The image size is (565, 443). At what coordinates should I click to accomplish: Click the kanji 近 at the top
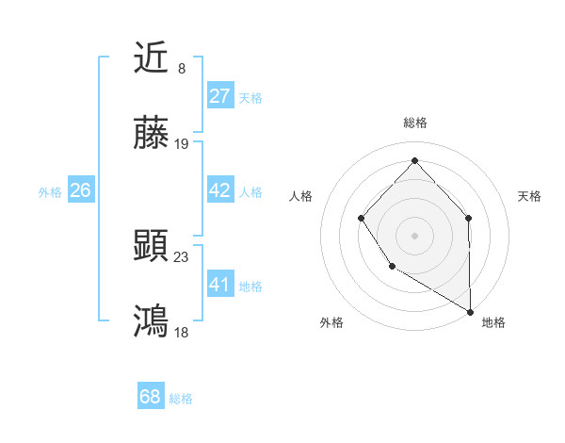point(152,58)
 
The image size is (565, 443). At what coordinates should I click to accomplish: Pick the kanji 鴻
point(152,321)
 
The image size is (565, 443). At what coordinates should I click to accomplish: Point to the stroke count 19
point(182,144)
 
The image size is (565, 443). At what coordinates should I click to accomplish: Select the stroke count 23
point(182,255)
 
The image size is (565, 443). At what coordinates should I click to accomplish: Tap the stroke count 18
point(182,332)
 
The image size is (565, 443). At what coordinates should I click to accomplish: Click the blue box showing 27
point(220,96)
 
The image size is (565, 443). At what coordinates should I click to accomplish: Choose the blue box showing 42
point(220,190)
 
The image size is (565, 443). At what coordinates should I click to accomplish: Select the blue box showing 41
point(220,285)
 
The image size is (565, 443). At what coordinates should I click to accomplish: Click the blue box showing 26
point(80,190)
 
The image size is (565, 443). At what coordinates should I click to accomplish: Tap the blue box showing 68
point(151,397)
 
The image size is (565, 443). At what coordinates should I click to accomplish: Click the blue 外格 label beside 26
point(50,191)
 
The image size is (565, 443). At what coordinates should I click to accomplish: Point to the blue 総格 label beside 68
point(181,399)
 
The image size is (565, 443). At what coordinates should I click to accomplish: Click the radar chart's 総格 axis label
point(414,123)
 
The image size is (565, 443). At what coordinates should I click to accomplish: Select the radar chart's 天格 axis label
point(530,196)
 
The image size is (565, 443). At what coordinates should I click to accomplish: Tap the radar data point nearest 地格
point(471,312)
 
